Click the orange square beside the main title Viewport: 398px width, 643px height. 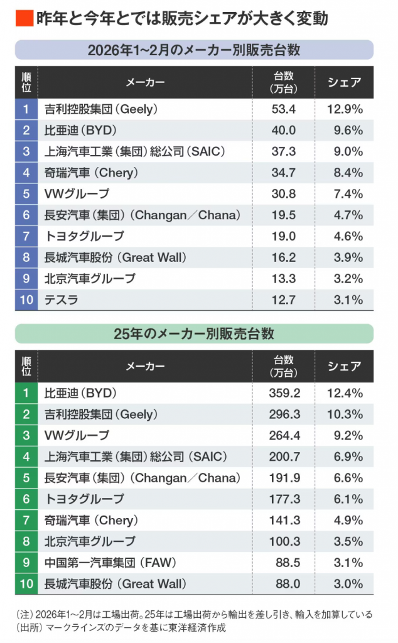tap(23, 18)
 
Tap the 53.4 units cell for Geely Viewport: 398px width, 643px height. tap(284, 109)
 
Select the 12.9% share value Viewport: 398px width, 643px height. tap(345, 109)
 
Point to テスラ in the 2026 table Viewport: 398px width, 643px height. tap(62, 300)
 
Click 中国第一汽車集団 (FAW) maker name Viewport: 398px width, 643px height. tap(109, 563)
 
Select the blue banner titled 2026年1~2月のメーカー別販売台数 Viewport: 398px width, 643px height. tap(194, 50)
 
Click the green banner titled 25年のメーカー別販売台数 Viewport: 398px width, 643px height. tap(194, 333)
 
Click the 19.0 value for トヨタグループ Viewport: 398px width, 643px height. tap(284, 236)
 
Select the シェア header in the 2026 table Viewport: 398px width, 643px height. tap(345, 82)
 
